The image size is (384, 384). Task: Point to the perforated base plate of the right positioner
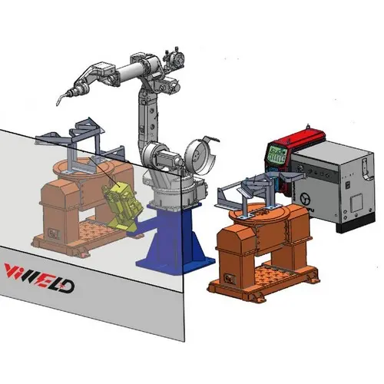[265, 274]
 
